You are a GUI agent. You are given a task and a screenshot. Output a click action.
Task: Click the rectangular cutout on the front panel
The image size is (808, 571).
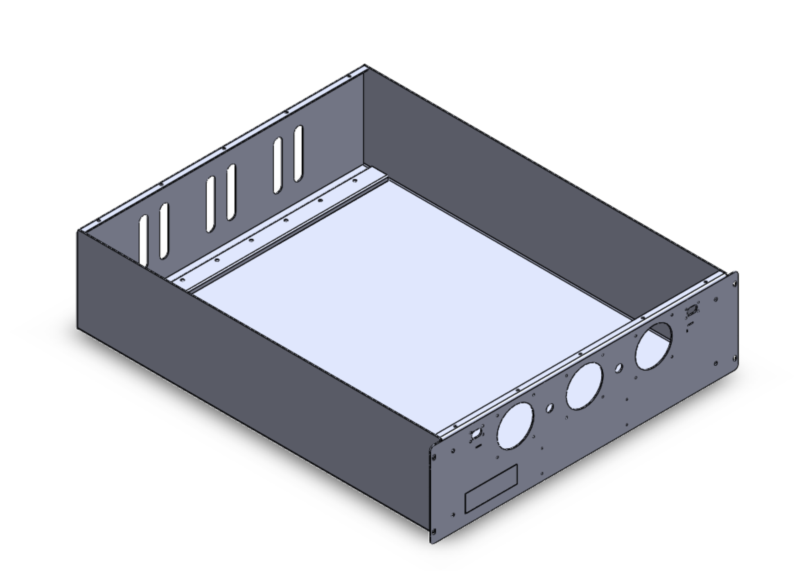[491, 488]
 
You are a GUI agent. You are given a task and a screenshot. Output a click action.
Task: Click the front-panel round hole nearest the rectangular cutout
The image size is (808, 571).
[515, 426]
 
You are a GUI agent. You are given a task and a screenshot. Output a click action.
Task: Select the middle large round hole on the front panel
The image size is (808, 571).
[584, 386]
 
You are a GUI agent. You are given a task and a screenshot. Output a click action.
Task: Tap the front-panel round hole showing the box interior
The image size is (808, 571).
[654, 346]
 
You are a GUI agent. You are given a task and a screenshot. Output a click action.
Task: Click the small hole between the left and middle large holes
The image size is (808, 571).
[550, 408]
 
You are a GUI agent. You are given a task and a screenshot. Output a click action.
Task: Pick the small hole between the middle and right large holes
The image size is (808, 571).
[618, 368]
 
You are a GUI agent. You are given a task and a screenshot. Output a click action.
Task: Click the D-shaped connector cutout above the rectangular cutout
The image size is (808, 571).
[476, 434]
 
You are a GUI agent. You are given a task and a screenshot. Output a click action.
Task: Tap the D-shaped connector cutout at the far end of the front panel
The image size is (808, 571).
[692, 310]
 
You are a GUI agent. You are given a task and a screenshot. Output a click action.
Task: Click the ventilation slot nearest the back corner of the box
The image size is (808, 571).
[298, 153]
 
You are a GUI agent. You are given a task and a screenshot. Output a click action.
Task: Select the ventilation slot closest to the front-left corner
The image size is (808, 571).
[143, 241]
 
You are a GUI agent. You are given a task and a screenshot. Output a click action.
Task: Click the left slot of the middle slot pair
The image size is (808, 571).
[210, 204]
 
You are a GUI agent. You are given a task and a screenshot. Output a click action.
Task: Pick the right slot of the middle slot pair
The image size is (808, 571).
[231, 192]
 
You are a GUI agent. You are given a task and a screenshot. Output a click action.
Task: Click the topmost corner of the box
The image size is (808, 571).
[365, 65]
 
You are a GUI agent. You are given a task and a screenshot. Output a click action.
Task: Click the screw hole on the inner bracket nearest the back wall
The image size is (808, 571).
[355, 180]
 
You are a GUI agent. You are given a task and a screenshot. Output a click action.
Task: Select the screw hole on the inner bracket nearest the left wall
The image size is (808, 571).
[183, 280]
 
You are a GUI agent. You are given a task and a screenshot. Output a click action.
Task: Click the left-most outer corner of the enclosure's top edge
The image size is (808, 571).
[78, 232]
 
